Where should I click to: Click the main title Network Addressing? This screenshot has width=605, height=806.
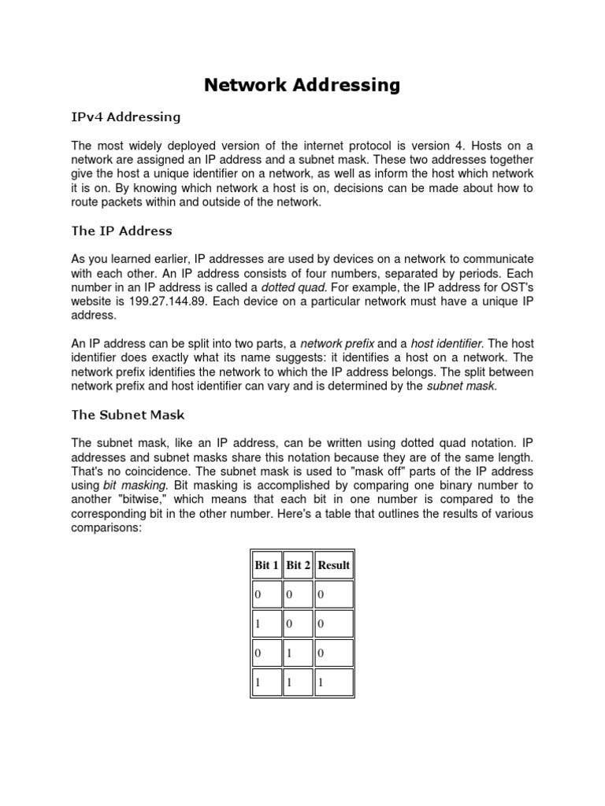(x=302, y=85)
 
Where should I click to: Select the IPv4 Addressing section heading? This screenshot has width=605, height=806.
(x=126, y=117)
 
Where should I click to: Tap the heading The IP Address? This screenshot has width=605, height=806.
(x=121, y=231)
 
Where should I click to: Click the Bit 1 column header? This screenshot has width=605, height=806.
(x=266, y=565)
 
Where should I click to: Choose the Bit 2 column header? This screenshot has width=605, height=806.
(x=298, y=565)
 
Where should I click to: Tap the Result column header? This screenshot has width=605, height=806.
(x=334, y=565)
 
